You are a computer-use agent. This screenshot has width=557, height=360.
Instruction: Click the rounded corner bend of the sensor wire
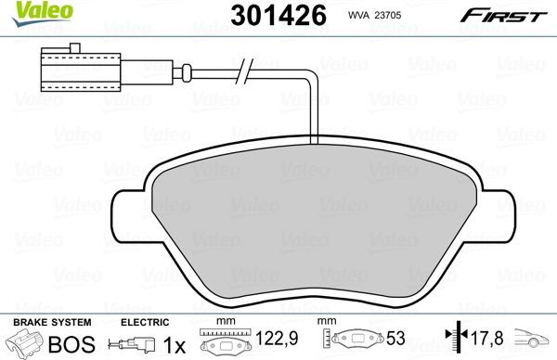pos(314,75)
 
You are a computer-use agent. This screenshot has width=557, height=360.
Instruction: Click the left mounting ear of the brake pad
pos(127,213)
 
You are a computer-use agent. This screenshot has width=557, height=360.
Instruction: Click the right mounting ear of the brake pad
pos(497,213)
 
